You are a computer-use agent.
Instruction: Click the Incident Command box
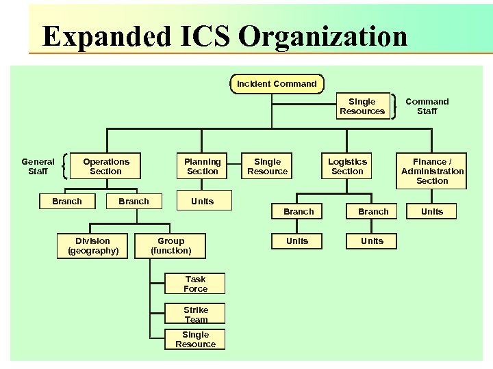[x=277, y=84]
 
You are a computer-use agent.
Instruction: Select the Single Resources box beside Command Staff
[x=362, y=107]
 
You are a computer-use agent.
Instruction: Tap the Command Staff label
[x=427, y=106]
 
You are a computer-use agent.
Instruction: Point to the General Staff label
[x=38, y=166]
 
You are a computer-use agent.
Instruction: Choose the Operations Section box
[x=106, y=166]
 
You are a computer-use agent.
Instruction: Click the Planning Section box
[x=203, y=166]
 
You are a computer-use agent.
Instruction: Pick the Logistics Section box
[x=347, y=166]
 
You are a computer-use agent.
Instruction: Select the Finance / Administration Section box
[x=432, y=171]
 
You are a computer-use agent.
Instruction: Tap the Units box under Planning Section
[x=203, y=201]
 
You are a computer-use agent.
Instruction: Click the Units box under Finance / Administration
[x=432, y=211]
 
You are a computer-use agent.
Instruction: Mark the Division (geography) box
[x=93, y=245]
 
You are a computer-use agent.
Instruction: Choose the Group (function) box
[x=171, y=245]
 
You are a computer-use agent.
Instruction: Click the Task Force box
[x=195, y=284]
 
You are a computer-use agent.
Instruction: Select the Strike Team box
[x=195, y=314]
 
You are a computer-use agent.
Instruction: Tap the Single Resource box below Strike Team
[x=195, y=339]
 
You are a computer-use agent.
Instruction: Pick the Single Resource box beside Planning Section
[x=267, y=166]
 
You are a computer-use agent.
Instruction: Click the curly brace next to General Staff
[x=64, y=166]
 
